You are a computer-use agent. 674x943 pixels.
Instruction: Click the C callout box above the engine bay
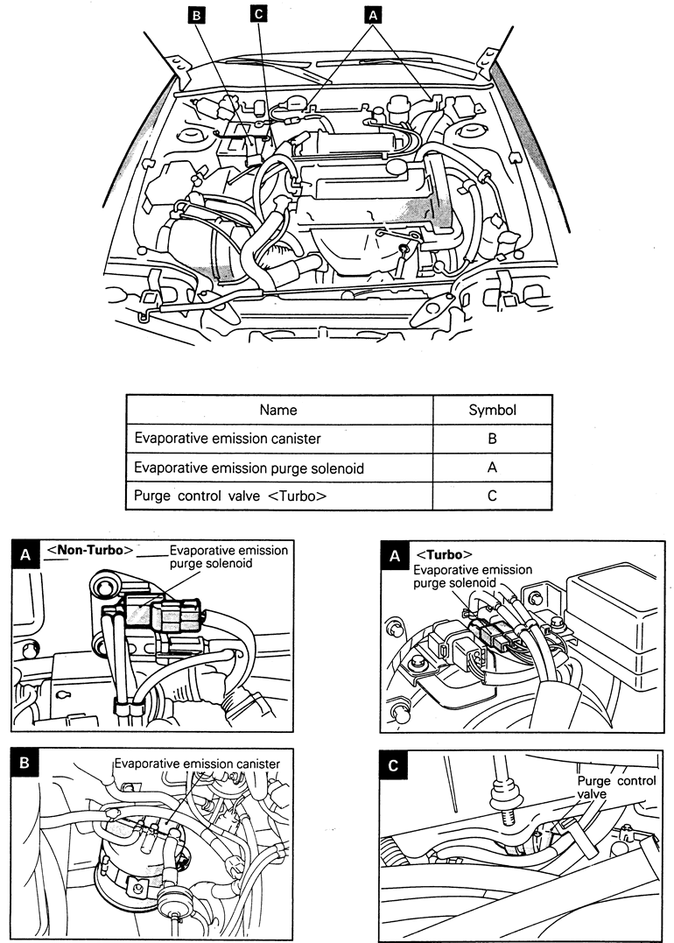pyautogui.click(x=258, y=14)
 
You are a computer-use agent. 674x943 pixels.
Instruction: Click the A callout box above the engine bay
pyautogui.click(x=373, y=14)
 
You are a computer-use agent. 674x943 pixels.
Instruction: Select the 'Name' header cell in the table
pyautogui.click(x=279, y=410)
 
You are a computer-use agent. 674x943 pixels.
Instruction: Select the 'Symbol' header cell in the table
pyautogui.click(x=492, y=410)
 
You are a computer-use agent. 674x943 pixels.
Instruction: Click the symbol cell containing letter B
pyautogui.click(x=492, y=439)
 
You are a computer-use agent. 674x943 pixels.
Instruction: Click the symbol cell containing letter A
pyautogui.click(x=492, y=468)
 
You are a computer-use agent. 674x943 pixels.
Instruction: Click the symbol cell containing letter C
pyautogui.click(x=492, y=496)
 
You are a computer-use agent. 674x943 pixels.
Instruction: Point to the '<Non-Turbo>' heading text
pyautogui.click(x=90, y=551)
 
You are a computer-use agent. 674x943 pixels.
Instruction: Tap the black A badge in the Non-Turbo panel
pyautogui.click(x=25, y=553)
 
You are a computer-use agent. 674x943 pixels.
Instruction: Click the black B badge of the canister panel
pyautogui.click(x=25, y=763)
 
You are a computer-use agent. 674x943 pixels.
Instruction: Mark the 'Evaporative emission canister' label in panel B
pyautogui.click(x=197, y=764)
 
